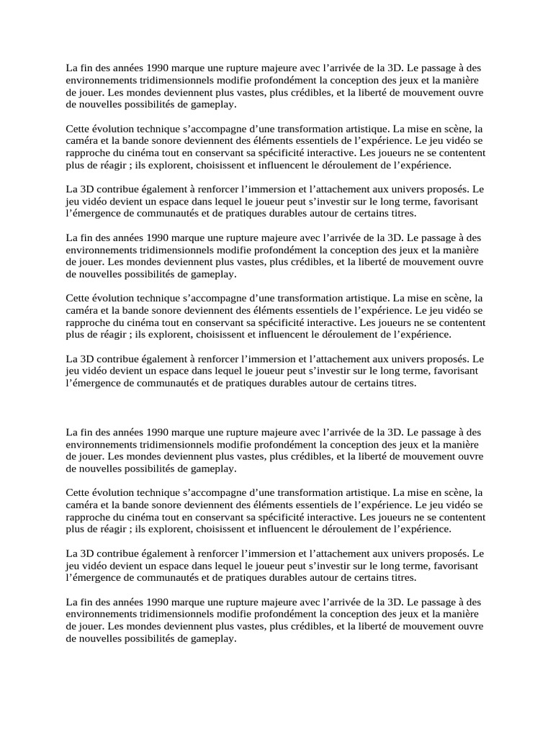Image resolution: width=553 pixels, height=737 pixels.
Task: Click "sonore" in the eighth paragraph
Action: coord(168,505)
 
